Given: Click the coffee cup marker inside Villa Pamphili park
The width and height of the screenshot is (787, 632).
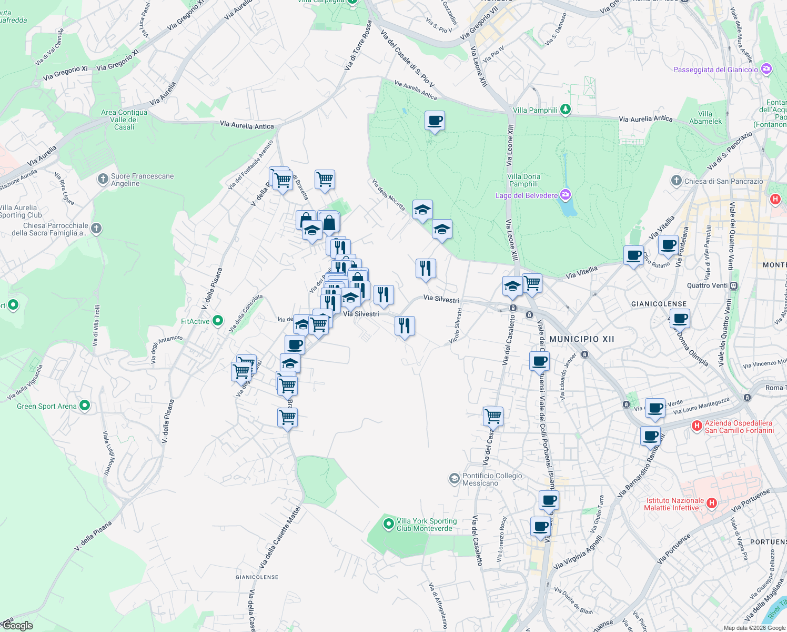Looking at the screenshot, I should pyautogui.click(x=435, y=121).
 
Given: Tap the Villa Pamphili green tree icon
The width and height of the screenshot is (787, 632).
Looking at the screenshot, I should pyautogui.click(x=566, y=110).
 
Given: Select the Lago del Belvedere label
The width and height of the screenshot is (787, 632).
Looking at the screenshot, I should pyautogui.click(x=527, y=195).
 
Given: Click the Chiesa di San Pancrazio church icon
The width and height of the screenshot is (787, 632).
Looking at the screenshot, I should pyautogui.click(x=677, y=181).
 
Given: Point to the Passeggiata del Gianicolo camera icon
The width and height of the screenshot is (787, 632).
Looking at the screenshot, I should pyautogui.click(x=766, y=69).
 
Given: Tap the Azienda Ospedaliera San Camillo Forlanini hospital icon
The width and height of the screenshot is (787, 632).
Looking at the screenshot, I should pyautogui.click(x=697, y=425).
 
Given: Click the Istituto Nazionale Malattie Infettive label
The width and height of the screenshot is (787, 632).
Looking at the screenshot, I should pyautogui.click(x=674, y=504).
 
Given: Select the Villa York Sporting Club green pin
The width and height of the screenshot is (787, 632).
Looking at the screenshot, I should pyautogui.click(x=389, y=524).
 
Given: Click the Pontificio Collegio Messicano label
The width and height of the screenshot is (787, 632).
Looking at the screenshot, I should pyautogui.click(x=492, y=479).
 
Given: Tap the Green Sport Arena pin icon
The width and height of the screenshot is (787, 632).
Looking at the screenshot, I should pyautogui.click(x=85, y=406).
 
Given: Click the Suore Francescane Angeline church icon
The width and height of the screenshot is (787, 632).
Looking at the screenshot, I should pyautogui.click(x=103, y=179).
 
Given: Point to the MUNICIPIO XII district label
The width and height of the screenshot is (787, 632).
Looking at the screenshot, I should pyautogui.click(x=581, y=339).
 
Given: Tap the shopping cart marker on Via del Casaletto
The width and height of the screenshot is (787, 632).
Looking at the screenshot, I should pyautogui.click(x=493, y=416).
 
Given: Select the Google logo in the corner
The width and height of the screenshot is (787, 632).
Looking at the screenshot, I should pyautogui.click(x=17, y=626).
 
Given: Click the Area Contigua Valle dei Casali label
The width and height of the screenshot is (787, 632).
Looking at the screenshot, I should pyautogui.click(x=124, y=120).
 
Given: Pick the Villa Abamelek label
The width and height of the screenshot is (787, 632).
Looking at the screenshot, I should pyautogui.click(x=705, y=117).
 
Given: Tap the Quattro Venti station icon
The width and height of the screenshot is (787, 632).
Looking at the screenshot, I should pyautogui.click(x=734, y=285).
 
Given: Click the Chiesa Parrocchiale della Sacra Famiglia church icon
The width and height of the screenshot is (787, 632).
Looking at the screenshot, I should pyautogui.click(x=96, y=229).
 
